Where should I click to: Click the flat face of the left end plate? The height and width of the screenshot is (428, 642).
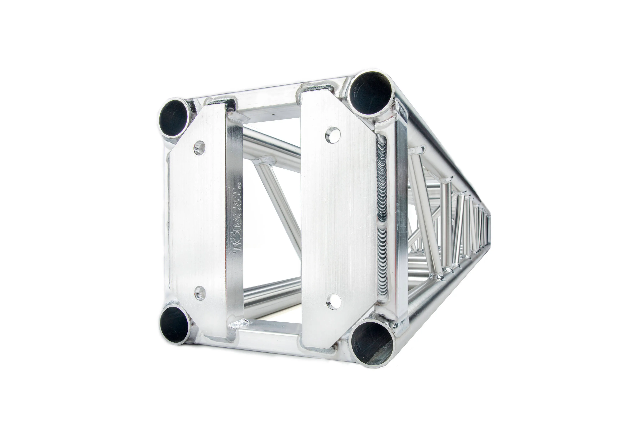tap(197, 218)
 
